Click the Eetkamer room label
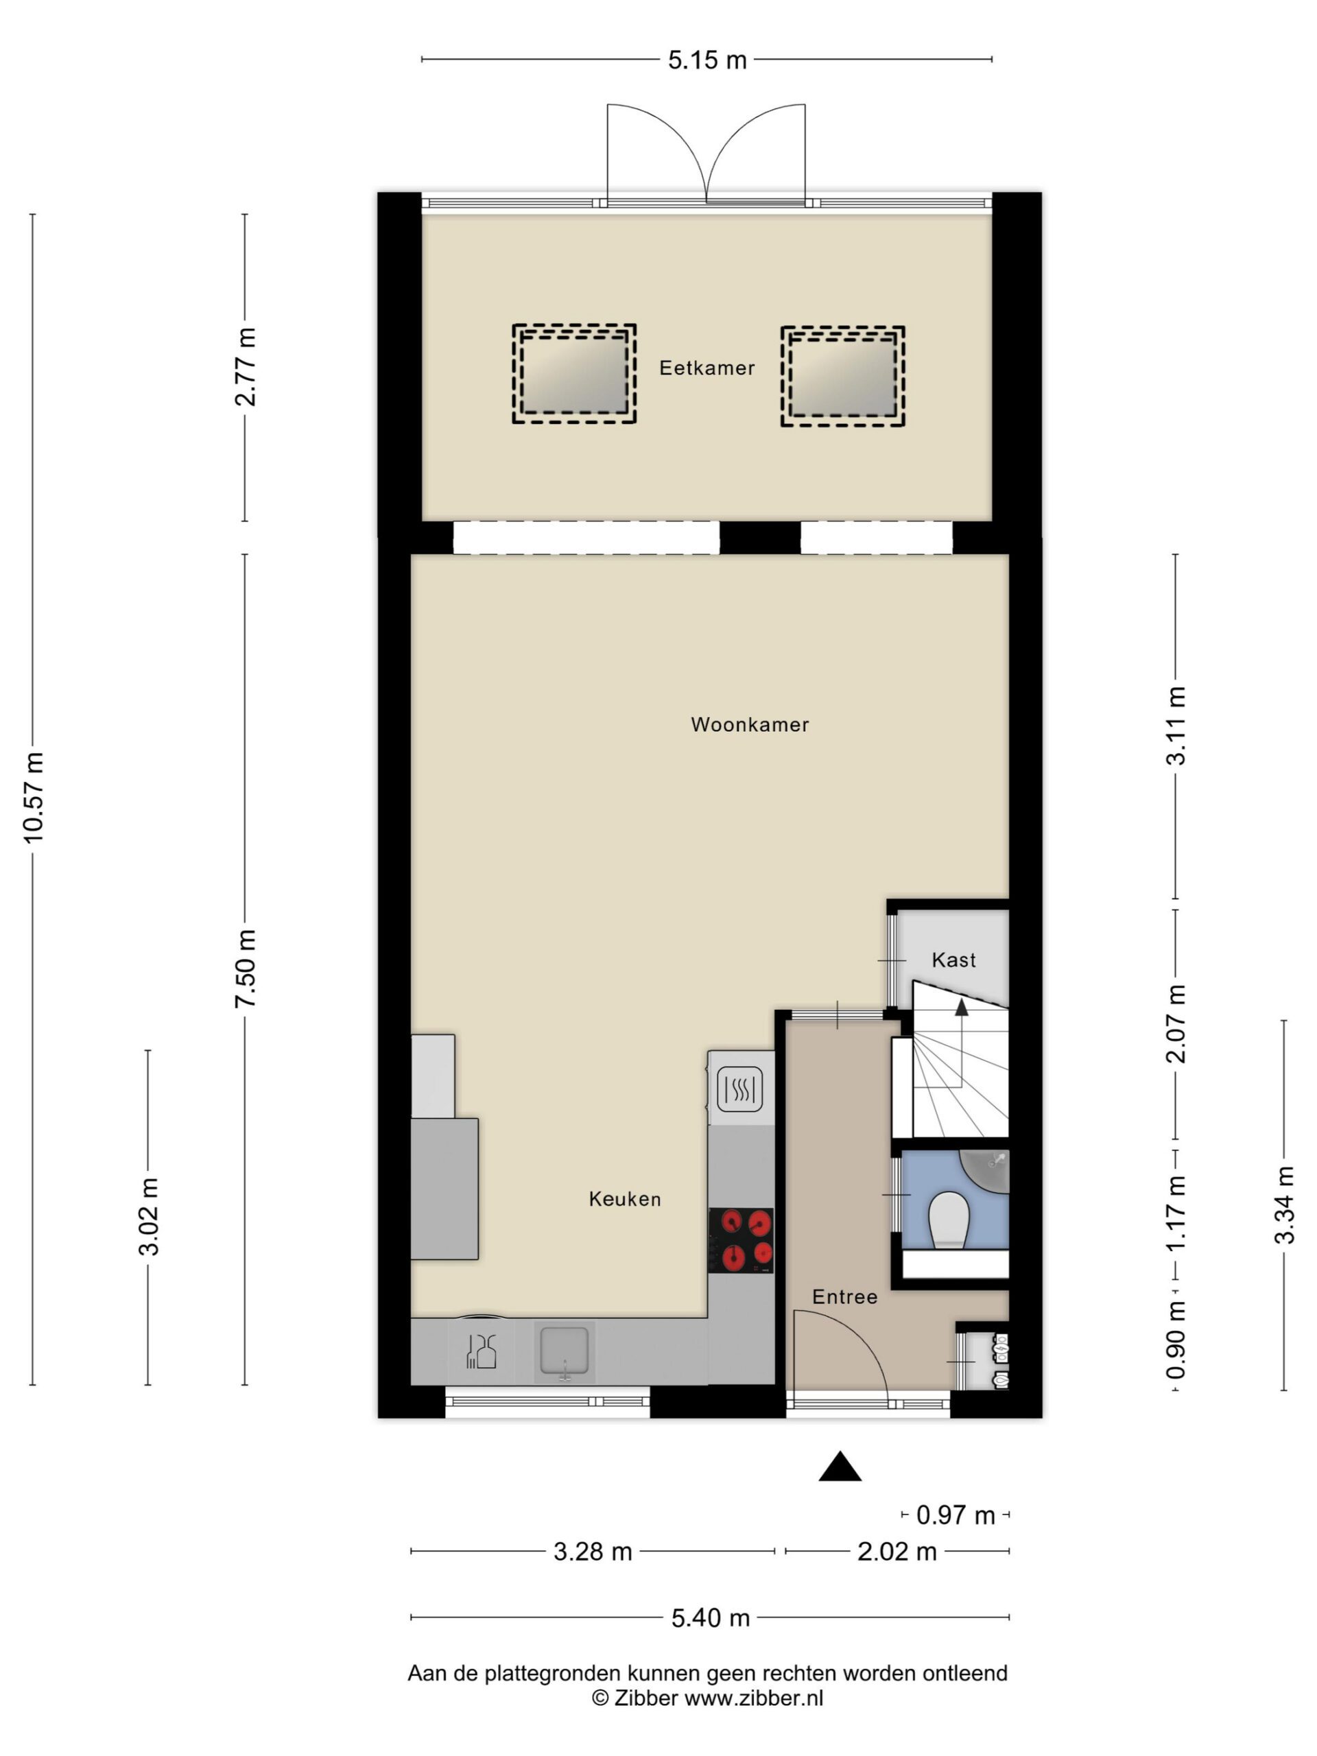click(x=707, y=368)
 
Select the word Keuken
click(x=625, y=1199)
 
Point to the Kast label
click(x=953, y=960)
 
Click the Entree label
click(x=844, y=1296)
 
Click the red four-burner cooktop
click(x=741, y=1241)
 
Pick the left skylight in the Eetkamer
click(x=574, y=373)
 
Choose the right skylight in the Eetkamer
click(x=842, y=377)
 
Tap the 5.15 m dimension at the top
click(x=707, y=60)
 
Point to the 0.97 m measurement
click(x=955, y=1515)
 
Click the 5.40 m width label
click(x=711, y=1618)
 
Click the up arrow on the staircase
click(x=962, y=1008)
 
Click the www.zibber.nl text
click(x=753, y=1699)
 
